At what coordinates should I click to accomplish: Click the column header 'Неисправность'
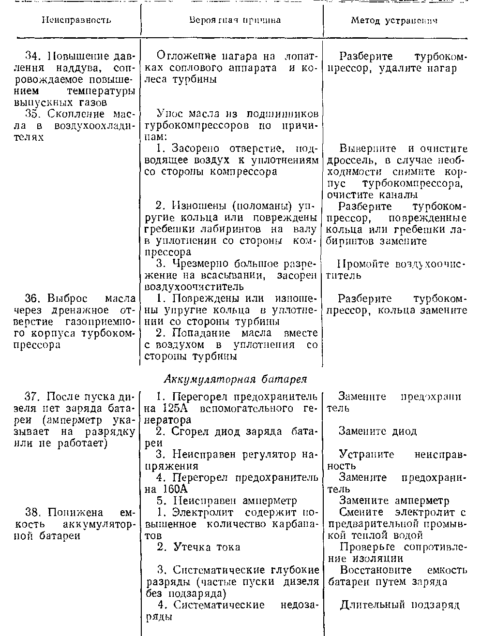[x=76, y=20]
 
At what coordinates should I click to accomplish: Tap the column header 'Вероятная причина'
[x=234, y=20]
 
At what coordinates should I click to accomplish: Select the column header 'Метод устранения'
[x=394, y=21]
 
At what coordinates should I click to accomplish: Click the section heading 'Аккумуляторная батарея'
[x=236, y=378]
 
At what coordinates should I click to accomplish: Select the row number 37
[x=32, y=397]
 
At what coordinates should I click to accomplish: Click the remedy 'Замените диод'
[x=377, y=431]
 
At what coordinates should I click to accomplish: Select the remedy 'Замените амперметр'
[x=394, y=501]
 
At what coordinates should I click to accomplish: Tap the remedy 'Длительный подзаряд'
[x=399, y=605]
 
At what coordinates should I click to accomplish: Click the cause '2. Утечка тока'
[x=198, y=547]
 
